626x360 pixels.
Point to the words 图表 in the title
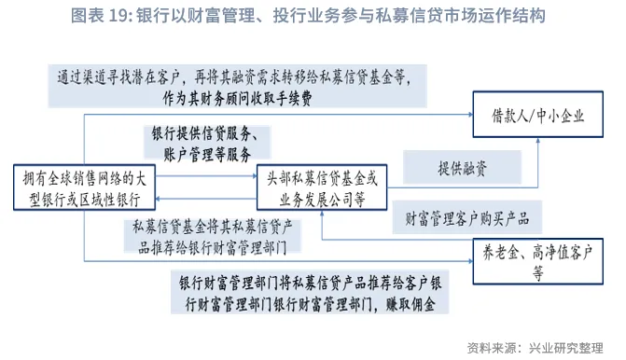pyautogui.click(x=89, y=17)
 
